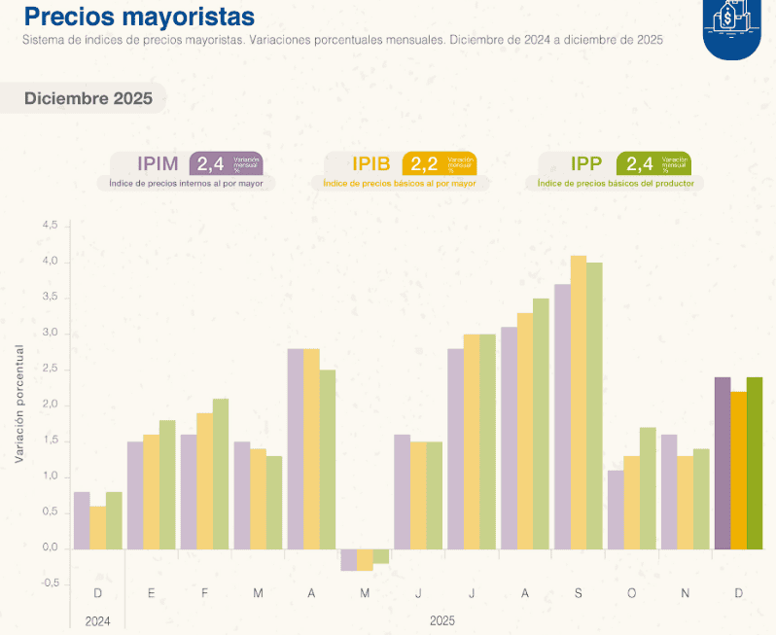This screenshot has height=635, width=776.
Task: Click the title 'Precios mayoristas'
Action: [x=139, y=17]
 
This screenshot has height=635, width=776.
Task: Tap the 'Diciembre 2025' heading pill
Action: [x=88, y=98]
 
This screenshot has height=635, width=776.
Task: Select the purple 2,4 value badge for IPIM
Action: [x=226, y=163]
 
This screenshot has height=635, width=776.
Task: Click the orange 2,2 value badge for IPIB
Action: [x=439, y=163]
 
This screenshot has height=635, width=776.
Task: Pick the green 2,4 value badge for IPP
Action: [x=653, y=163]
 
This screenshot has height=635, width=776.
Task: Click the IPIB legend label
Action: [x=370, y=163]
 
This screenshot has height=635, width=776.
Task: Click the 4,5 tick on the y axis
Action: [x=50, y=226]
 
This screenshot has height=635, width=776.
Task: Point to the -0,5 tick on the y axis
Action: [x=48, y=583]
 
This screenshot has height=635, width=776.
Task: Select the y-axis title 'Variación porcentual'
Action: [x=18, y=404]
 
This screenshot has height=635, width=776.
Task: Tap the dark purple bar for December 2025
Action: [x=723, y=463]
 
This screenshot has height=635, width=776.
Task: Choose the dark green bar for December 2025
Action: [x=756, y=463]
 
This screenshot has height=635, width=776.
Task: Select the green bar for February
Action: [x=221, y=474]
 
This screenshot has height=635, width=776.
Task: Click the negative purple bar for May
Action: [x=348, y=559]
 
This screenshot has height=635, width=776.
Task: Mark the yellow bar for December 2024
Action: [x=97, y=527]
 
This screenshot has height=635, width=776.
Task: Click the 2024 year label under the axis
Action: [x=97, y=619]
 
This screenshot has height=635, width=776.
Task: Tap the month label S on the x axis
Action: [x=579, y=593]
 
